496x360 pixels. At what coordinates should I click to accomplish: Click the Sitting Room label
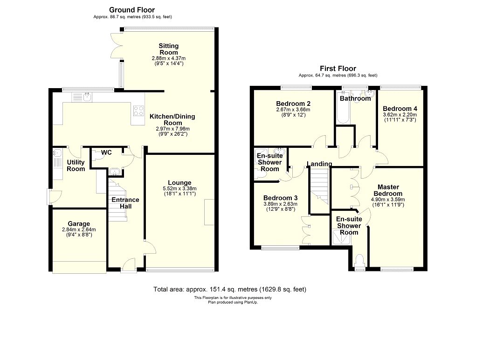pyautogui.click(x=169, y=49)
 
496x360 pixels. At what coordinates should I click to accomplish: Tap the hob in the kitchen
pyautogui.click(x=138, y=111)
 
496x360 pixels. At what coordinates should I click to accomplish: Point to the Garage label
pyautogui.click(x=79, y=224)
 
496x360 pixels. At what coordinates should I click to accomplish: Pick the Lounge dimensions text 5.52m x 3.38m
pyautogui.click(x=179, y=188)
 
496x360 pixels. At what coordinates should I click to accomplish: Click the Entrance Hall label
pyautogui.click(x=125, y=203)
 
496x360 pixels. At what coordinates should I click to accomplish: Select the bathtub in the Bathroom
pyautogui.click(x=343, y=108)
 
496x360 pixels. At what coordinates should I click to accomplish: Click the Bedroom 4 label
pyautogui.click(x=400, y=109)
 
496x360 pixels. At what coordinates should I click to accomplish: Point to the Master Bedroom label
pyautogui.click(x=388, y=190)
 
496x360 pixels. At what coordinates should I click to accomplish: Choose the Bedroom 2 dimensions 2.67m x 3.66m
pyautogui.click(x=293, y=110)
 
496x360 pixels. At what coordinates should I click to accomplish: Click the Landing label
pyautogui.click(x=319, y=164)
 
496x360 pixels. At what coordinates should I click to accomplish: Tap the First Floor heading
pyautogui.click(x=338, y=69)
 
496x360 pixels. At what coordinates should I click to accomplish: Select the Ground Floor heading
pyautogui.click(x=132, y=10)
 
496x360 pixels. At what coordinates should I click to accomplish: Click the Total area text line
pyautogui.click(x=230, y=289)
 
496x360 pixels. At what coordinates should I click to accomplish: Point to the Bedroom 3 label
pyautogui.click(x=280, y=198)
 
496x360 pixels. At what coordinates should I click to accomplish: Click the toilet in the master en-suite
pyautogui.click(x=360, y=262)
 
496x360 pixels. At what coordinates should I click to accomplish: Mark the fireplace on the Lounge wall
pyautogui.click(x=209, y=212)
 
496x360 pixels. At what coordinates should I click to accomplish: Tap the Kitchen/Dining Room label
pyautogui.click(x=172, y=119)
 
